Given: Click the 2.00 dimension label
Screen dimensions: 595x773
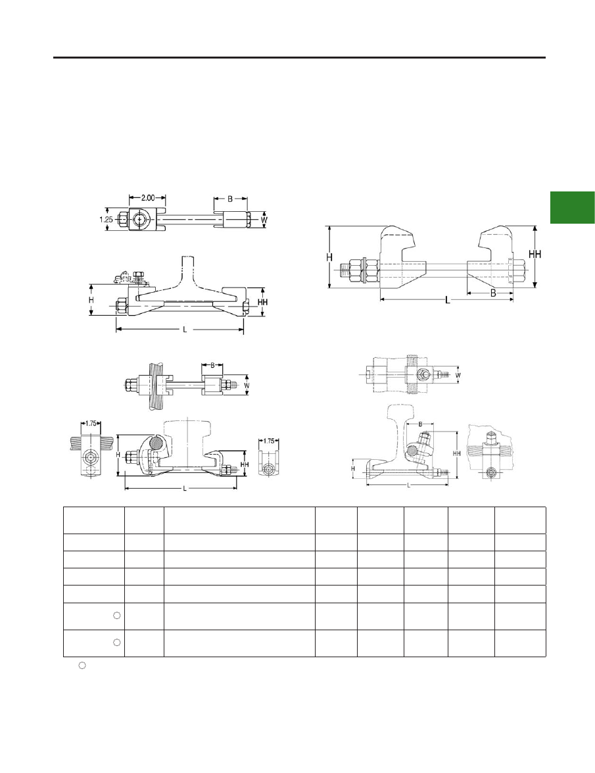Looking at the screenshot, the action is [x=148, y=197].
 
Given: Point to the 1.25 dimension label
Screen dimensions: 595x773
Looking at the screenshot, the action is [x=107, y=220].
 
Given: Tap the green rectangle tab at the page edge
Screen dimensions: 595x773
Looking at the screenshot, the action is [x=573, y=207].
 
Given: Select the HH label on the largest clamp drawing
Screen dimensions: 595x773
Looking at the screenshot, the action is [x=535, y=255].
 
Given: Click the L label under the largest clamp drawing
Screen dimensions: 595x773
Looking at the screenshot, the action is [x=447, y=300].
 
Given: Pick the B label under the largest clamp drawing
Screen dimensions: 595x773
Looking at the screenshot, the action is [x=493, y=292].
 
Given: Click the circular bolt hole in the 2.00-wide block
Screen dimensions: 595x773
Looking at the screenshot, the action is [x=141, y=218].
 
